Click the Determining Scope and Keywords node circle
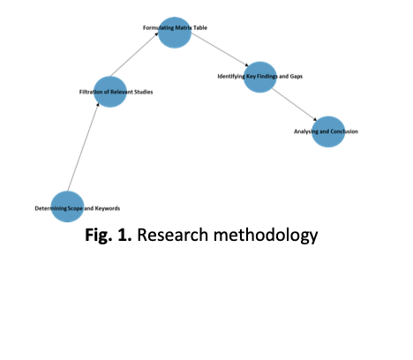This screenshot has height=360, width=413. pyautogui.click(x=67, y=206)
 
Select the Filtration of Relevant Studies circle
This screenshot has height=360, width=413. pyautogui.click(x=110, y=92)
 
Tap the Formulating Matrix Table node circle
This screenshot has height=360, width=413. pyautogui.click(x=175, y=33)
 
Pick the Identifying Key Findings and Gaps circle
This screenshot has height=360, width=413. pyautogui.click(x=260, y=77)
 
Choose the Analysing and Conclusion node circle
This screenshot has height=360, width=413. pyautogui.click(x=328, y=131)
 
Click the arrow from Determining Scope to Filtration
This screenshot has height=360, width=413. pyautogui.click(x=83, y=146)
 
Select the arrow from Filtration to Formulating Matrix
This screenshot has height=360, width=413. pyautogui.click(x=135, y=55)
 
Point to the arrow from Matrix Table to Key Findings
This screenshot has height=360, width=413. pyautogui.click(x=220, y=49)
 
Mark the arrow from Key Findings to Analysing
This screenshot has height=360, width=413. pyautogui.click(x=295, y=105)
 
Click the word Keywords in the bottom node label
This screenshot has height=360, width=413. pyautogui.click(x=108, y=208)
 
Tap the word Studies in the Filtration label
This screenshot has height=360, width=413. pyautogui.click(x=143, y=92)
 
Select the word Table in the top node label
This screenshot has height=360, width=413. pyautogui.click(x=200, y=27)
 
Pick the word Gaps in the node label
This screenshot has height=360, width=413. pyautogui.click(x=297, y=77)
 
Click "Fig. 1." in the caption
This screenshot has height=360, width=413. pyautogui.click(x=109, y=235)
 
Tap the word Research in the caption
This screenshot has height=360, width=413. pyautogui.click(x=173, y=235)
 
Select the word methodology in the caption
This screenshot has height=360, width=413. pyautogui.click(x=266, y=236)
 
